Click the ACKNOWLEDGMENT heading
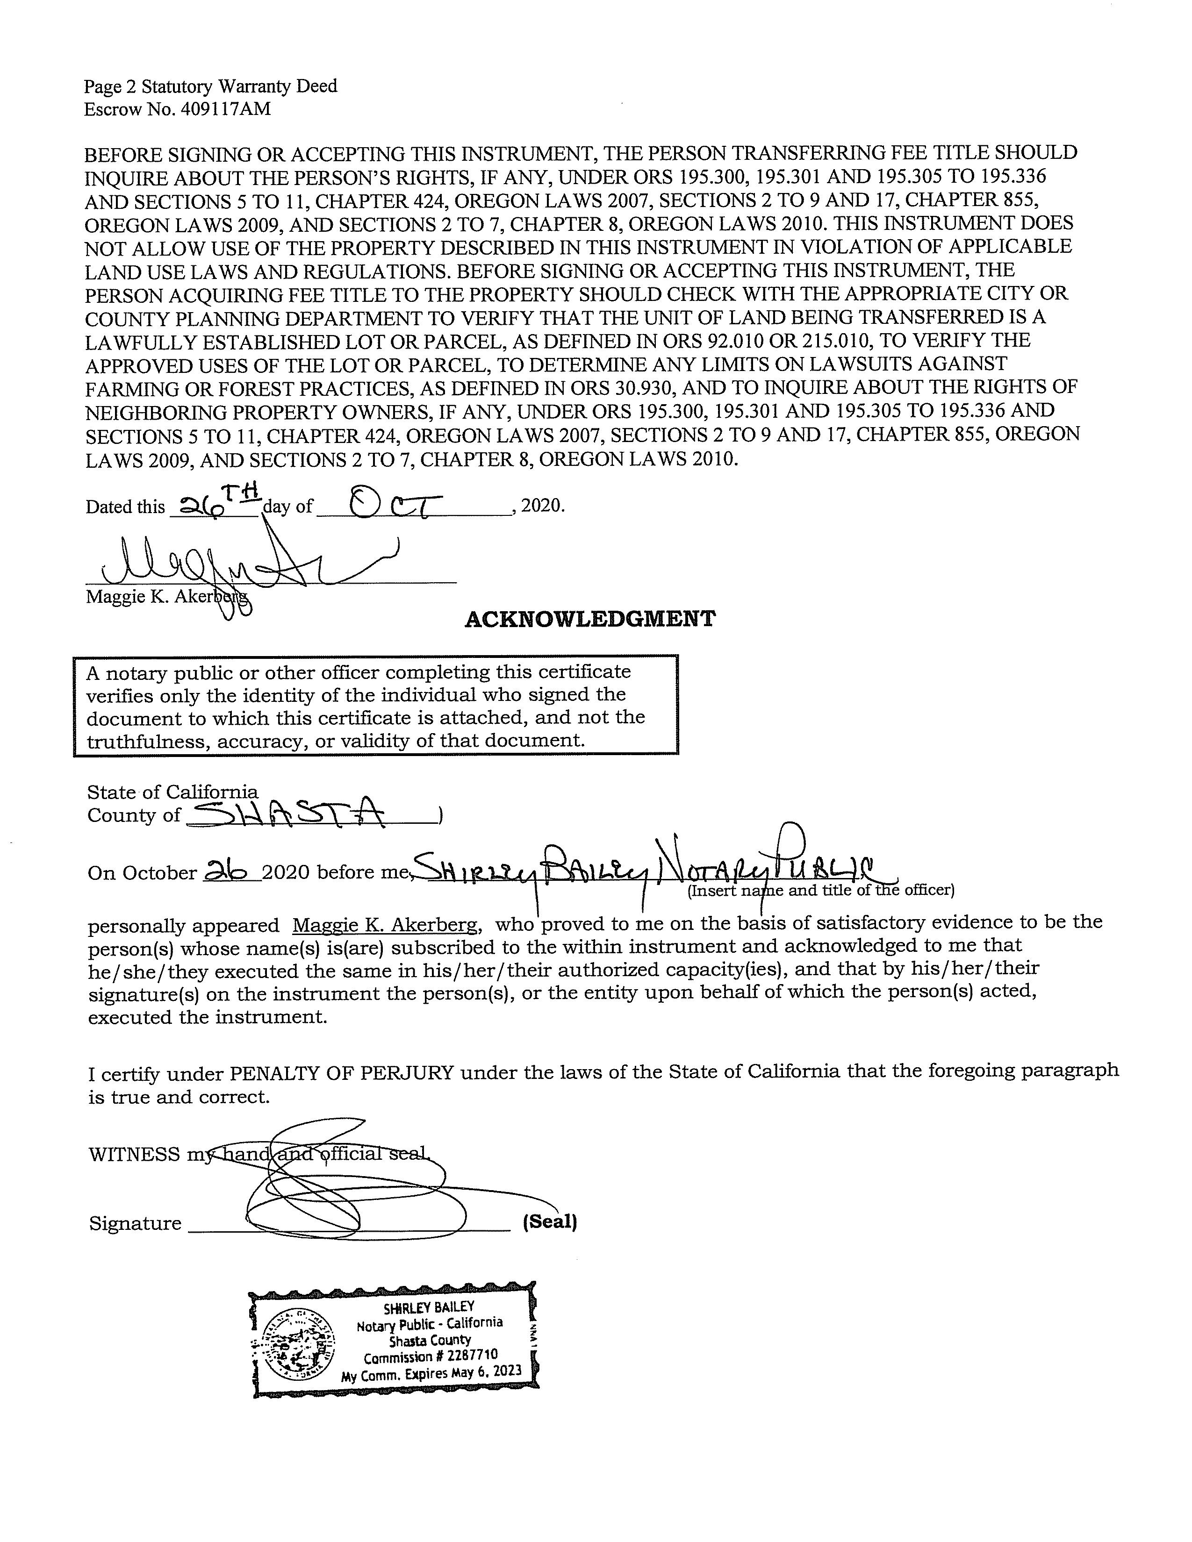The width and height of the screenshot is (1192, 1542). tap(589, 619)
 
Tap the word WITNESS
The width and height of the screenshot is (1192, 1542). tap(134, 1154)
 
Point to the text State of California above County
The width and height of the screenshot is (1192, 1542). tap(172, 792)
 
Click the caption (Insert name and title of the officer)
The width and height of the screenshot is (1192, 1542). tap(820, 890)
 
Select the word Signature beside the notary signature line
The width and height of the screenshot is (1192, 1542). tap(135, 1224)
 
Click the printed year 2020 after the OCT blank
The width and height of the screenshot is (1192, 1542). tap(542, 506)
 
